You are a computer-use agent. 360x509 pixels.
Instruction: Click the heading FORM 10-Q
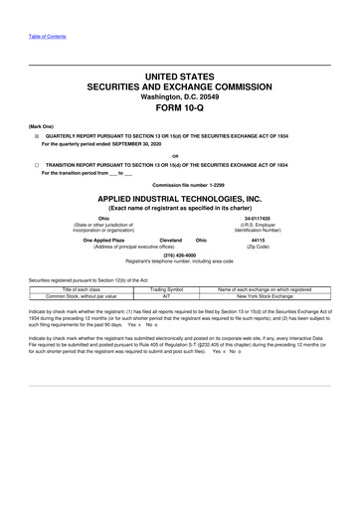point(179,110)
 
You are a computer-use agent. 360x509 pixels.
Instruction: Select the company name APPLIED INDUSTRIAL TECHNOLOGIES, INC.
point(179,199)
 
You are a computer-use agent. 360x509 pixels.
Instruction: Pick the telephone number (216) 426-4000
point(179,253)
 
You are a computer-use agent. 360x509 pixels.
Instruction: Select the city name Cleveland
point(170,241)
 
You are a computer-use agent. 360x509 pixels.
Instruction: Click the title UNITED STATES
point(179,76)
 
